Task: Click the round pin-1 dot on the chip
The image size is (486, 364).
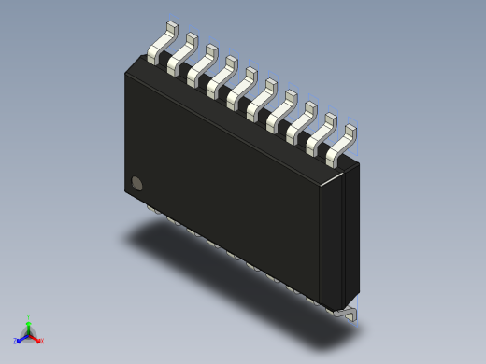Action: [137, 183]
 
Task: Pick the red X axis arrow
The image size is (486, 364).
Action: [36, 338]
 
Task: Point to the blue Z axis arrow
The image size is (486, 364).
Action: [21, 338]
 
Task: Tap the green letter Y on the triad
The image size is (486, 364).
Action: [28, 318]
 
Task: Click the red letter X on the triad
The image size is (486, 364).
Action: [41, 342]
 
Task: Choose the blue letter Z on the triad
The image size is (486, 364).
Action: [15, 342]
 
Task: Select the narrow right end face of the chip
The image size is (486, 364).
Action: [351, 233]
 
